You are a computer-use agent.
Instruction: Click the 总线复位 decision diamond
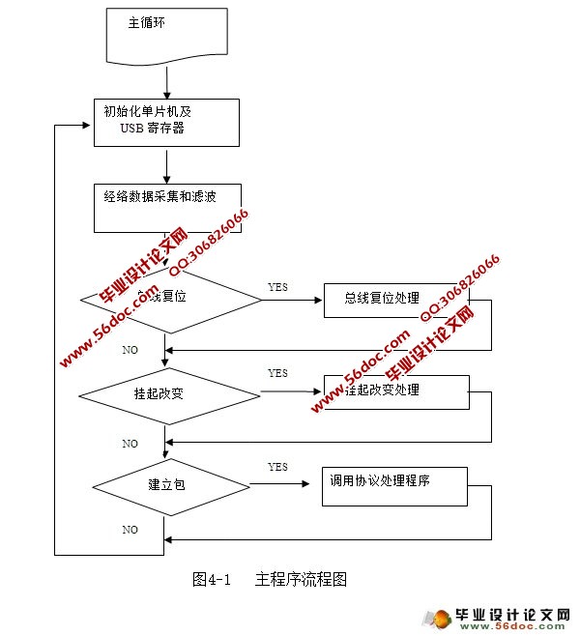(169, 299)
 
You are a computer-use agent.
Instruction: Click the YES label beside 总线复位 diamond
(277, 287)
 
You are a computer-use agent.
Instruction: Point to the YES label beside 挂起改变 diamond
(277, 373)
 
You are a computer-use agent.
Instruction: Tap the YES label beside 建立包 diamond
(277, 467)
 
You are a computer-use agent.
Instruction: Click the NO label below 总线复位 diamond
(130, 350)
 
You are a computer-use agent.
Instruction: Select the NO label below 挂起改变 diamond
(130, 444)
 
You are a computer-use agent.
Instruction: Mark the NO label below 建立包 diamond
(130, 530)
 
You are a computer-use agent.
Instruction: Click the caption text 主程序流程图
(301, 580)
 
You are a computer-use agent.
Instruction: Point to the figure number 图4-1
(214, 580)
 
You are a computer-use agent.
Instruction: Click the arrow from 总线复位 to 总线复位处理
(292, 300)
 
